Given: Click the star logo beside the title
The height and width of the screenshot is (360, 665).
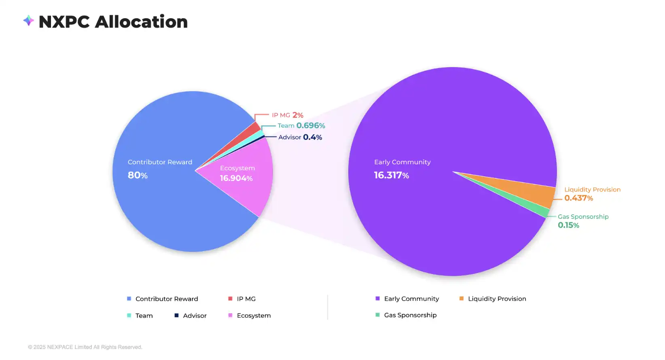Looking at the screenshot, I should [28, 20].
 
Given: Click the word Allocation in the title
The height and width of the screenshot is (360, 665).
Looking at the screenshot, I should [141, 22].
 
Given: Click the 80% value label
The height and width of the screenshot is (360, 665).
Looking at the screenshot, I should [138, 175].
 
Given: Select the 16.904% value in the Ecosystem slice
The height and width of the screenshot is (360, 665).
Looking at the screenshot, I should [236, 178].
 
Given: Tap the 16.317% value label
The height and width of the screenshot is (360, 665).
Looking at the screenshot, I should [391, 175].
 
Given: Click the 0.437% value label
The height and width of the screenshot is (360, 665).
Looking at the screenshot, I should [578, 198].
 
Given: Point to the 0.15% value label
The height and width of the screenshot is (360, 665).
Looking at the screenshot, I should [568, 225].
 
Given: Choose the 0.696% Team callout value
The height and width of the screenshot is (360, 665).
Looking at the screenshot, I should [311, 126].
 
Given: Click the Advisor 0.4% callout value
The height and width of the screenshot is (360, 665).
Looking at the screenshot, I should [312, 137].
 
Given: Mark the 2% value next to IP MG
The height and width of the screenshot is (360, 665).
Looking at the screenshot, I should [298, 115].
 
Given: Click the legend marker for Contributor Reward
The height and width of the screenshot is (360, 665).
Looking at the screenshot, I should [129, 299].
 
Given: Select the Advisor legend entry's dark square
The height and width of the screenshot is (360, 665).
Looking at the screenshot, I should [176, 316].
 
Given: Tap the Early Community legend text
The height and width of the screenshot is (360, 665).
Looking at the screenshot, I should [411, 299].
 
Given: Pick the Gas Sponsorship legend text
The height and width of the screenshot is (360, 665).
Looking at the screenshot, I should [410, 315].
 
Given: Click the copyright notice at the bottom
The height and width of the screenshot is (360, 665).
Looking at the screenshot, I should [85, 347].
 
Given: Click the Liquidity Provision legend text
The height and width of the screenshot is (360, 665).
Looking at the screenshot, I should [497, 299].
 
